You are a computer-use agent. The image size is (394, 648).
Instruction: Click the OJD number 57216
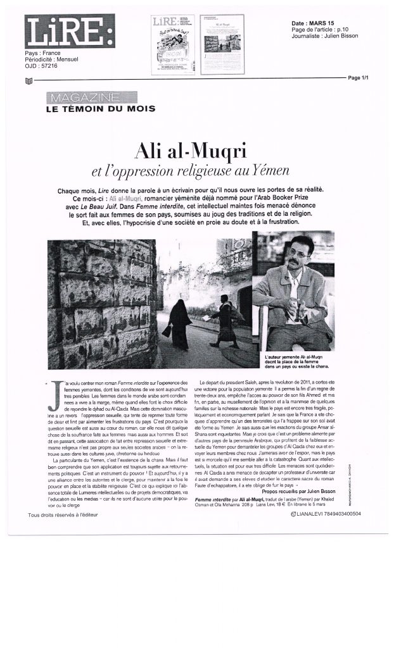[x=49, y=66]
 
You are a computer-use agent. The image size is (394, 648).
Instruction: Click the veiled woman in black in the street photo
[x=179, y=321]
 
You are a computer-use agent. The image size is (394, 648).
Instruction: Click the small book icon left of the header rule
[x=28, y=82]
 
